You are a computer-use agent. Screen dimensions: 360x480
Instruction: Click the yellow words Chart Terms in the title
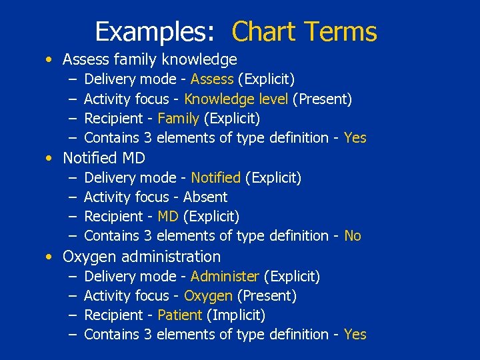304,31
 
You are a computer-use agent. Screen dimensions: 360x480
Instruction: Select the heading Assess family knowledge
149,60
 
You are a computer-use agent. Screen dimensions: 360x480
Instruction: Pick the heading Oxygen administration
141,257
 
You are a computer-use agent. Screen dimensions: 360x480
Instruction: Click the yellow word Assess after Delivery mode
212,79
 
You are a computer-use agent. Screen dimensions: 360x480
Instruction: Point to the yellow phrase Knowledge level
237,99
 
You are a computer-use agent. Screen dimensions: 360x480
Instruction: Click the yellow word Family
178,119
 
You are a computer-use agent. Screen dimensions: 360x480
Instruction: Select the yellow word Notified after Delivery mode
215,178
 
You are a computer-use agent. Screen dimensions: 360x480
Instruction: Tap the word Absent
205,197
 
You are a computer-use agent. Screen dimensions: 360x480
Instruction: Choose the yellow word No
353,236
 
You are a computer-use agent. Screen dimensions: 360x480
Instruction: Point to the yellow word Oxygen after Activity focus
208,295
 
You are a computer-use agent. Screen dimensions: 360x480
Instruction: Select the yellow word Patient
180,315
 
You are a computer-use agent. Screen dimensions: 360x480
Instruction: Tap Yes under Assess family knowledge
355,138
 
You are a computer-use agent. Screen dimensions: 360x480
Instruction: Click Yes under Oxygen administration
355,335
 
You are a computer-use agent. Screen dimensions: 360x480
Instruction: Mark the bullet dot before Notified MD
50,159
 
